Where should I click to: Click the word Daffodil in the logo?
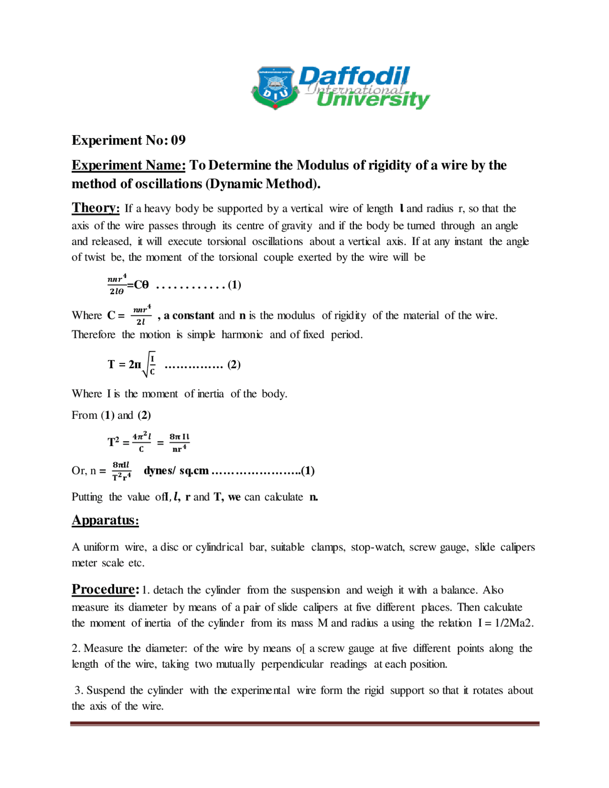[354, 76]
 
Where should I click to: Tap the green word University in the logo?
[373, 100]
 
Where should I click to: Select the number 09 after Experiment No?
[178, 140]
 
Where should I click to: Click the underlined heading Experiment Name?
[128, 165]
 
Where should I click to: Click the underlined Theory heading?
[96, 208]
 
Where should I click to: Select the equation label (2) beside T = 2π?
[234, 364]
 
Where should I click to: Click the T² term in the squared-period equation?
[113, 442]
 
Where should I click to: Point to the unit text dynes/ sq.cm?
[176, 471]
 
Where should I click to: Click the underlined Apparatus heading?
[105, 520]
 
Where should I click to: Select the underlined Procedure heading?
[105, 590]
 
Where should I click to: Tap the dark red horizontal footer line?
[304, 724]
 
